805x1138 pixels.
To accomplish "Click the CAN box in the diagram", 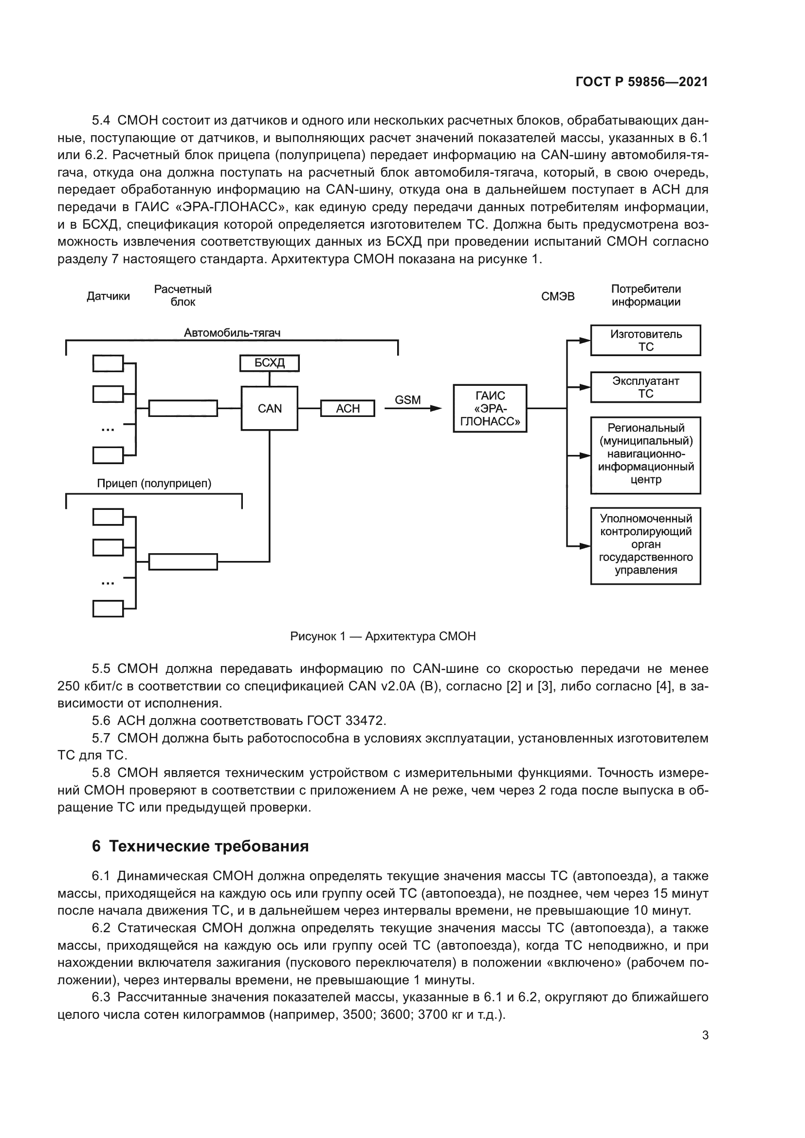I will click(x=269, y=408).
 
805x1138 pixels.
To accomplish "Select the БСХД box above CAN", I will click(x=269, y=363).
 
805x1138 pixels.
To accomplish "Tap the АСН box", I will click(x=348, y=408).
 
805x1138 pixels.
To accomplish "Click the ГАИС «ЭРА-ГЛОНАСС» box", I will click(x=490, y=408).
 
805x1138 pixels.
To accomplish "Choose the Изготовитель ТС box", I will click(x=645, y=341).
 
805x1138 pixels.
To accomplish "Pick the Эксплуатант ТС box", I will click(x=645, y=387).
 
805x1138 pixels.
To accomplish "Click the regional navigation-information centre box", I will click(x=645, y=455).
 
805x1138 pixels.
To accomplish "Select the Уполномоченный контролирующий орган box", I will click(x=645, y=546).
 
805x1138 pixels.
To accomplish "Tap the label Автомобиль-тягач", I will click(x=232, y=333).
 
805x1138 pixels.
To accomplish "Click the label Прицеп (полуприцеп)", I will click(x=154, y=484).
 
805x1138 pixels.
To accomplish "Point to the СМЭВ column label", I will click(x=558, y=296).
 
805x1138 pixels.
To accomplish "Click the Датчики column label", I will click(x=108, y=296).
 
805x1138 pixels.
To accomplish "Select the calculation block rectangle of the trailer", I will click(x=183, y=561).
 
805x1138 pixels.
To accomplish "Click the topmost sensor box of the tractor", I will click(x=108, y=363).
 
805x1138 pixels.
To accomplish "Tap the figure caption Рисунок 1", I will click(x=383, y=636).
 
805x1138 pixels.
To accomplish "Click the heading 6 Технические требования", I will click(x=200, y=846).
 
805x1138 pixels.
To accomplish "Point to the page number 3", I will click(x=705, y=1035).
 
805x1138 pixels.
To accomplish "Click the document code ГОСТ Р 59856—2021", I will click(x=642, y=82).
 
